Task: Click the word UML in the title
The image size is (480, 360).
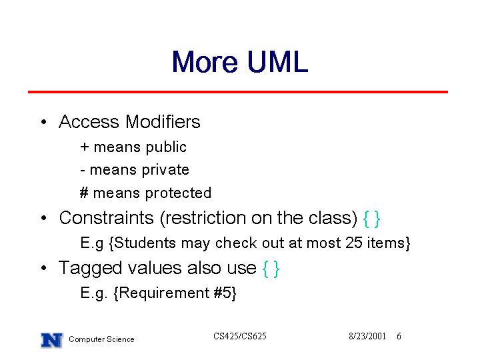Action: tap(277, 61)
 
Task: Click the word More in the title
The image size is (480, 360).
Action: tap(205, 61)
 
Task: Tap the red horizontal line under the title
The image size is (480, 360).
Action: tap(238, 92)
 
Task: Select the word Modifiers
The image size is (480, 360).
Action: tap(163, 121)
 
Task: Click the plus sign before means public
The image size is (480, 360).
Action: tap(85, 147)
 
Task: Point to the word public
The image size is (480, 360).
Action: tap(166, 147)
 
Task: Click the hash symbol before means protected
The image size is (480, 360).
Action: tap(84, 193)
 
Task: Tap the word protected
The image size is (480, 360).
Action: tap(178, 193)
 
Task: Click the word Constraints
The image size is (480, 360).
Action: tap(106, 218)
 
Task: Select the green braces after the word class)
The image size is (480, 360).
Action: tap(371, 219)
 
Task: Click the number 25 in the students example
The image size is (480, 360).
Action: tap(354, 243)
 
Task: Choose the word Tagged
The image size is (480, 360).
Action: tap(90, 269)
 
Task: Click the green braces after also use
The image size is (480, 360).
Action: tap(271, 269)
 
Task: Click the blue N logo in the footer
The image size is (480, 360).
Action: tap(52, 340)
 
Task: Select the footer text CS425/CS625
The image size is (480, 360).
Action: tap(240, 337)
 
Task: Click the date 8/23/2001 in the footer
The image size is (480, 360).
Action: tap(367, 337)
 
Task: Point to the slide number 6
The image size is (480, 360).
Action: tap(399, 337)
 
